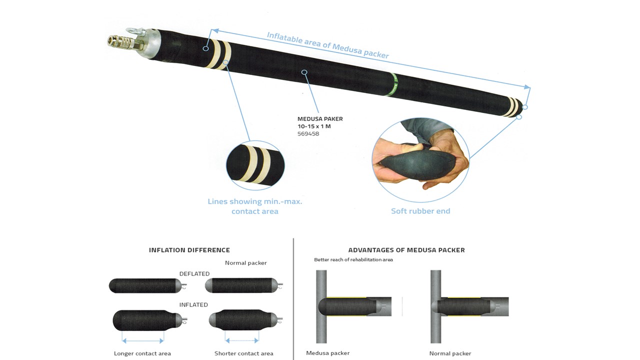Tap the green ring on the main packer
coord(393,84)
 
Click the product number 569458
coord(308,134)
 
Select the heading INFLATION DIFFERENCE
coord(189,250)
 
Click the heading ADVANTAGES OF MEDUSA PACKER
coord(406,250)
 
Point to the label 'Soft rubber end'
coord(420,211)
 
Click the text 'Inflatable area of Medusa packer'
coord(327,45)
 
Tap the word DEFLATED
coord(194,274)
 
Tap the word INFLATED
coord(193,305)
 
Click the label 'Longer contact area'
coord(142,353)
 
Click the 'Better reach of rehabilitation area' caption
coord(353,260)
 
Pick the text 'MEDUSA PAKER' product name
coord(320,119)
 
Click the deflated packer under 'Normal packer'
coord(243,285)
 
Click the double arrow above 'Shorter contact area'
coord(242,341)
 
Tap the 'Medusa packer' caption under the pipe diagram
coord(327,353)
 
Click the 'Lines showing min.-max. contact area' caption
coord(255,206)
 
